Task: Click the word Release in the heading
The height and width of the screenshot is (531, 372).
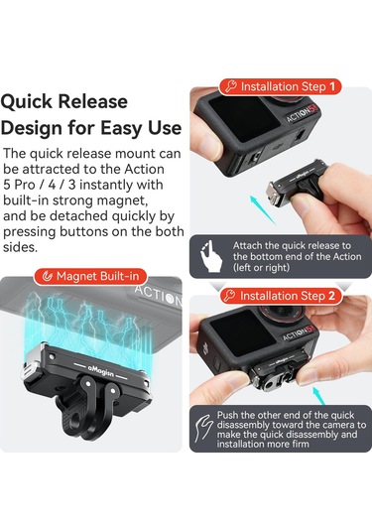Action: click(97, 102)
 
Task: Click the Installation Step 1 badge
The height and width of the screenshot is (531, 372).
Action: click(280, 86)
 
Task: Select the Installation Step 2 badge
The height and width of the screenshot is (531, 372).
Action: click(280, 296)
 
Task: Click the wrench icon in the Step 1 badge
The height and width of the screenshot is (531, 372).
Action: click(231, 86)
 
